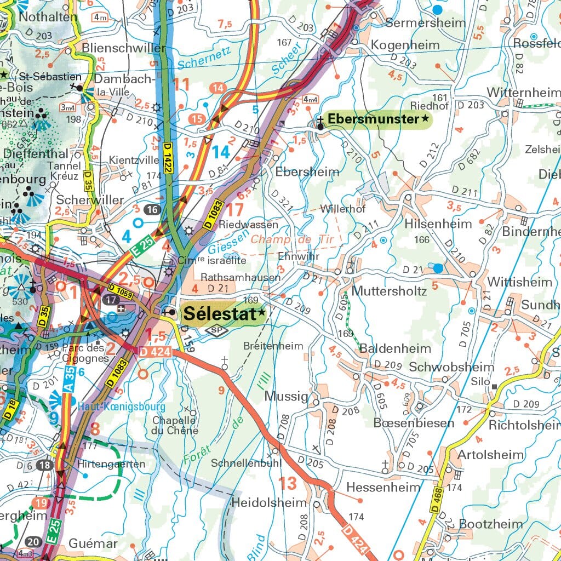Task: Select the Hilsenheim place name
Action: click(x=438, y=224)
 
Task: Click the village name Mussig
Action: click(x=286, y=396)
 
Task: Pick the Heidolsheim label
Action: click(x=269, y=502)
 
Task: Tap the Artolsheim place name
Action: click(x=490, y=454)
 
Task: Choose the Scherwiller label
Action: click(x=90, y=200)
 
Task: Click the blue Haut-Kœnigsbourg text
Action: click(x=121, y=407)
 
